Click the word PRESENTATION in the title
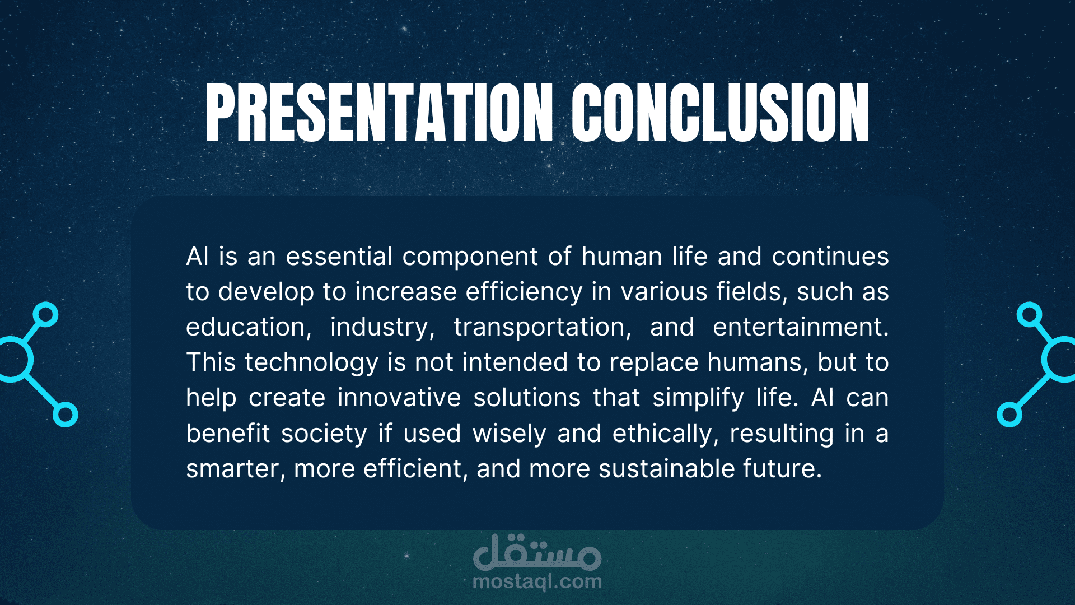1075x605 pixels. click(380, 113)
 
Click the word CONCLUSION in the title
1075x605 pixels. click(721, 113)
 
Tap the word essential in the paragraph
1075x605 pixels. click(339, 257)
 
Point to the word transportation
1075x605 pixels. click(542, 327)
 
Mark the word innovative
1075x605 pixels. click(399, 398)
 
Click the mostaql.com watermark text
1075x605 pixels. click(537, 581)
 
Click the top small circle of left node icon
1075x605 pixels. click(45, 314)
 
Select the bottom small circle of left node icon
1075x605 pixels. click(66, 415)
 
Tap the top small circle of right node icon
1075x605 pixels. click(1029, 314)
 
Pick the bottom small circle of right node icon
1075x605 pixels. click(1009, 415)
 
